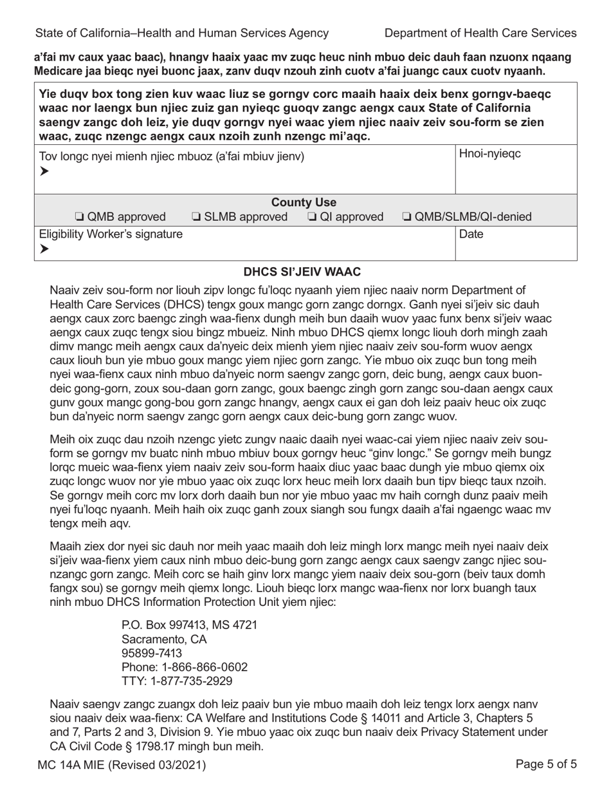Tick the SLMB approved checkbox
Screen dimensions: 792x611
(x=196, y=217)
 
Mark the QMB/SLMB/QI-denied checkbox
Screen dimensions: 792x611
(x=407, y=217)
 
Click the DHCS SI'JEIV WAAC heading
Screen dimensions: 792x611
(x=305, y=272)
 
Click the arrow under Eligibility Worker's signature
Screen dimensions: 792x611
(x=44, y=249)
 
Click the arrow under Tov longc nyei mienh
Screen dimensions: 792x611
(x=44, y=171)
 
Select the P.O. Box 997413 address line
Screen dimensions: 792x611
(x=189, y=625)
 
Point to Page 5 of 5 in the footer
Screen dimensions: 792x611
(x=546, y=765)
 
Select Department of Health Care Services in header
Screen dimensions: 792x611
(x=480, y=33)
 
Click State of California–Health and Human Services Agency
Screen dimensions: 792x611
(x=182, y=33)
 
